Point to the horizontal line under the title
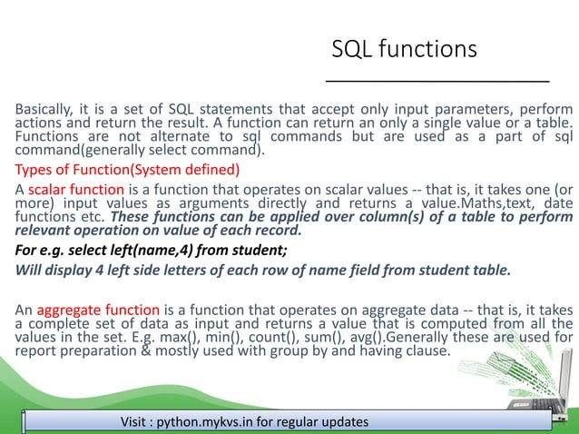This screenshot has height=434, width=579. pyautogui.click(x=438, y=81)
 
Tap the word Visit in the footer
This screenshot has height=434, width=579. pyautogui.click(x=135, y=422)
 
